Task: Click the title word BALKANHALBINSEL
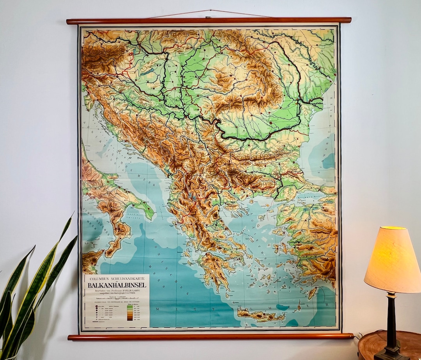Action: click(x=117, y=285)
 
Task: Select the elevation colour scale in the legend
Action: click(x=130, y=314)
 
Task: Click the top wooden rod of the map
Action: click(x=209, y=21)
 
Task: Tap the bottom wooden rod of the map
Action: click(x=210, y=336)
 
